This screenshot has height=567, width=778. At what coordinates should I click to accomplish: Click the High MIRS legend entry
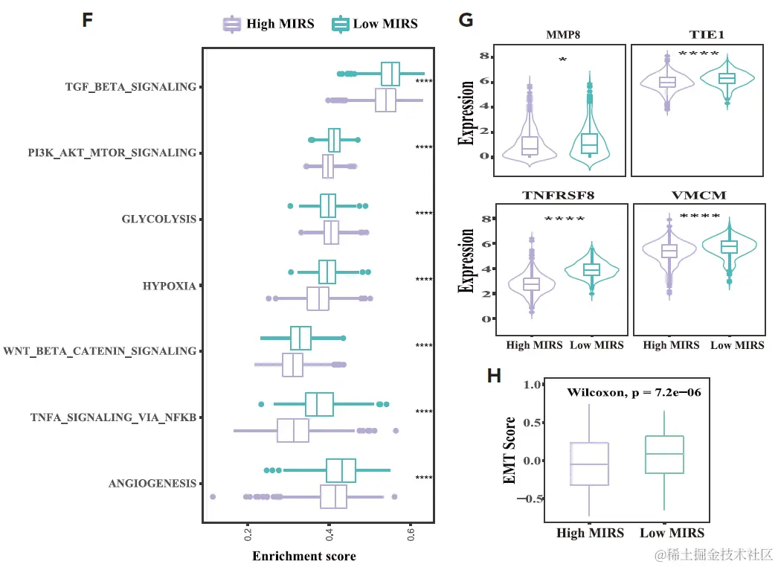(x=269, y=24)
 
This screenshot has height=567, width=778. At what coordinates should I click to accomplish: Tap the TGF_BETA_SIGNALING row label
(x=130, y=87)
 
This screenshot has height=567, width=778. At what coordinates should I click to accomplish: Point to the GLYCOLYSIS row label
(x=158, y=220)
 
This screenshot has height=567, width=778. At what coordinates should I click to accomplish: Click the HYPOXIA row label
(x=169, y=286)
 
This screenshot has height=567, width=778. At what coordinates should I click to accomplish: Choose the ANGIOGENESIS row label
(x=152, y=484)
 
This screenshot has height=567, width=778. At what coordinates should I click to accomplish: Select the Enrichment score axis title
(x=303, y=556)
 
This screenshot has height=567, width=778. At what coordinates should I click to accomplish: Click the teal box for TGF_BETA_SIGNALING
(x=390, y=74)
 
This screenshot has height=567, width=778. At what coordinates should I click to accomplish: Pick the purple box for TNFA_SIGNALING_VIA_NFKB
(x=293, y=430)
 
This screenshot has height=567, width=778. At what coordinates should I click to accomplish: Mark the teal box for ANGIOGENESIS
(x=341, y=470)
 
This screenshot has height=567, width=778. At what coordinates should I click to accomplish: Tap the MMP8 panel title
(x=562, y=35)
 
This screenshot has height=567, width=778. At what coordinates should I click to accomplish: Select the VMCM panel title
(x=698, y=196)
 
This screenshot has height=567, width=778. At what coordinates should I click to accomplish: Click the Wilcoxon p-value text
(x=643, y=392)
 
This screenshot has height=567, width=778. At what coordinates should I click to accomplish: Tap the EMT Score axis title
(x=510, y=452)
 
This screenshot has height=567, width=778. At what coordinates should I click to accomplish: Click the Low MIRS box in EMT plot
(x=663, y=454)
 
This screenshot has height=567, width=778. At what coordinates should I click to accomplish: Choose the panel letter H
(x=494, y=376)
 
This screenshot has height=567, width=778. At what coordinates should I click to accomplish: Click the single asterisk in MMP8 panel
(x=563, y=60)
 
